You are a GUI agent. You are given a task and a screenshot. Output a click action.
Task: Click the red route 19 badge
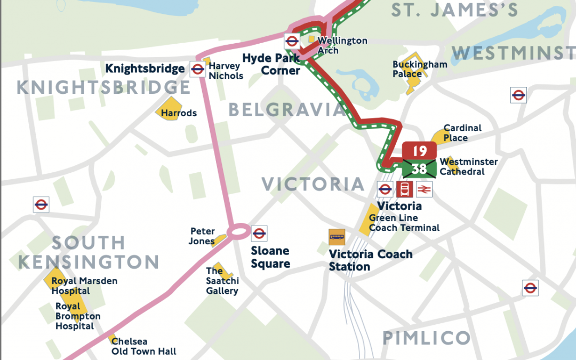coord(420,151)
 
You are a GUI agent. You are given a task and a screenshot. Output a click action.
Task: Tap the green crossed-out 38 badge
coord(420,169)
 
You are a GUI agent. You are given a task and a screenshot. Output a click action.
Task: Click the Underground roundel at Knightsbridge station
coord(197,69)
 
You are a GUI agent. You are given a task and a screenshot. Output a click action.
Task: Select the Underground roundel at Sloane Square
coord(259,233)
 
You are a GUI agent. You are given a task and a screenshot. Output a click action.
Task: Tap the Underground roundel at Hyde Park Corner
coord(292,41)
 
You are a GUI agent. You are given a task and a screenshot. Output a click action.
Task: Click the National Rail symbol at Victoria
coord(424,189)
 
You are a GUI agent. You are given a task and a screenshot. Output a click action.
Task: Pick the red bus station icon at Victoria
coord(404,189)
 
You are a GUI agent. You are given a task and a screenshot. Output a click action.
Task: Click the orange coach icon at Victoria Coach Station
coord(337,237)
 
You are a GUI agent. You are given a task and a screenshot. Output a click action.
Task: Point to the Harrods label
coord(179,113)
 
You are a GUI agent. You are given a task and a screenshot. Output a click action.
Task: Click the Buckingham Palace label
coord(412,69)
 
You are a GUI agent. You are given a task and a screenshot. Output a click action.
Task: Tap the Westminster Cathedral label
coord(461,167)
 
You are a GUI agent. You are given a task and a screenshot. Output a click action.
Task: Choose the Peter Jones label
coord(203,236)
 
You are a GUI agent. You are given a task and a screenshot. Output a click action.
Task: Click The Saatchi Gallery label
coord(222,281)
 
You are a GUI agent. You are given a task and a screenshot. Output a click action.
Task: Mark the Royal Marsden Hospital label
coord(84,286)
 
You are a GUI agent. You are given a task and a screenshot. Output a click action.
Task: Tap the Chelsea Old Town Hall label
coord(143,346)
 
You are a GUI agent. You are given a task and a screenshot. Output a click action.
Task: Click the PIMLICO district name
coord(427,338)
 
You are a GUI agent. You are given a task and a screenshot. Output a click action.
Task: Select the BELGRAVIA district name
coord(287,110)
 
